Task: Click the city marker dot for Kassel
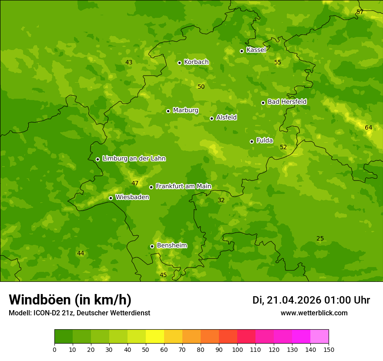[242, 51]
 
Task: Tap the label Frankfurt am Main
[183, 186]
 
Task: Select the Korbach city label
[196, 62]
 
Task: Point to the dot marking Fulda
[252, 141]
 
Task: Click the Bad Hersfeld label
[287, 102]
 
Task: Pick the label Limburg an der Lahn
[134, 159]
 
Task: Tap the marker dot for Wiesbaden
[111, 198]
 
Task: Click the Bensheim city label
[171, 245]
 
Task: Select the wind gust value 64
[369, 127]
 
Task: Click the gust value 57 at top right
[360, 12]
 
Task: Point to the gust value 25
[320, 238]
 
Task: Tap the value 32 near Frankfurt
[221, 200]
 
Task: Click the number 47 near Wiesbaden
[135, 183]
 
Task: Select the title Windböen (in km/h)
[70, 300]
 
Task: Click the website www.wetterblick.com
[314, 313]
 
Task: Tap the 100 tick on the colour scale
[237, 349]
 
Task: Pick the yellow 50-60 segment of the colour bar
[155, 337]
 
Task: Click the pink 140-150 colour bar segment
[319, 337]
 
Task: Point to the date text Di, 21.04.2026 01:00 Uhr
[311, 300]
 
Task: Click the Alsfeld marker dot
[212, 118]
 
